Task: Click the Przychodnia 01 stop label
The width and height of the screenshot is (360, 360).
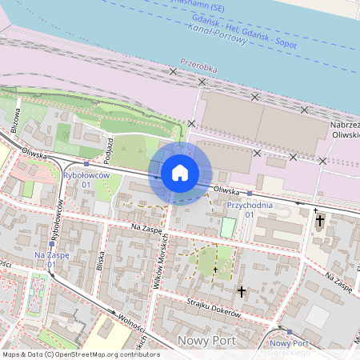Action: click(x=250, y=210)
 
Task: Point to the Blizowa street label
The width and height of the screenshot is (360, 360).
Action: click(x=15, y=121)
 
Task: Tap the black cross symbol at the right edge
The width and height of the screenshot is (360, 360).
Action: click(x=320, y=220)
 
